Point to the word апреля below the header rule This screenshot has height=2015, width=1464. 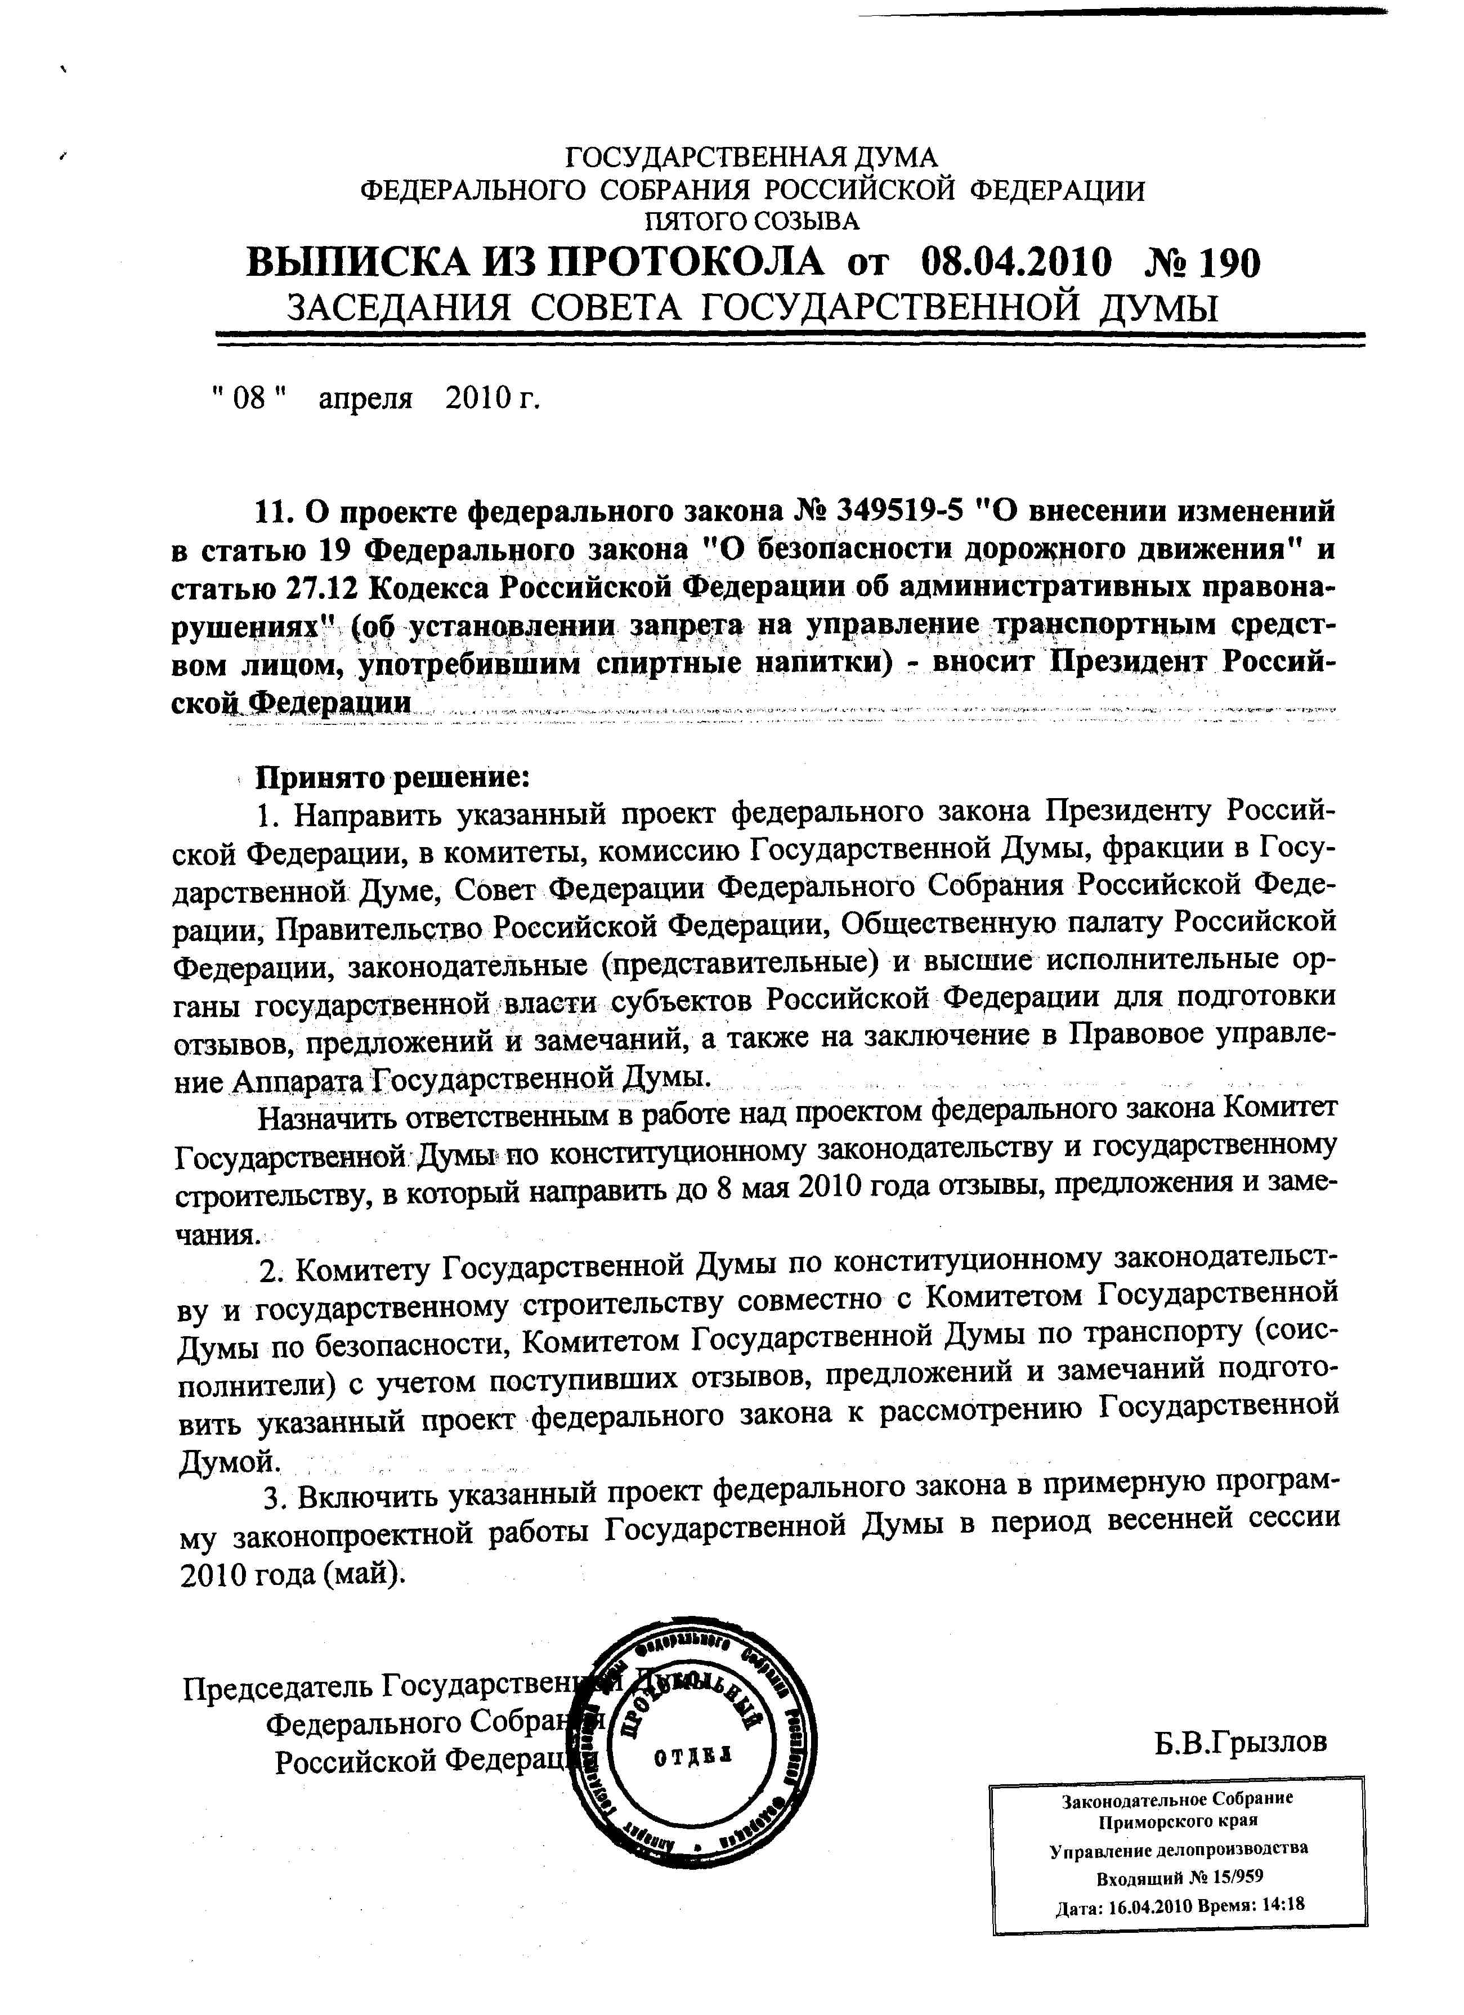point(366,399)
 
